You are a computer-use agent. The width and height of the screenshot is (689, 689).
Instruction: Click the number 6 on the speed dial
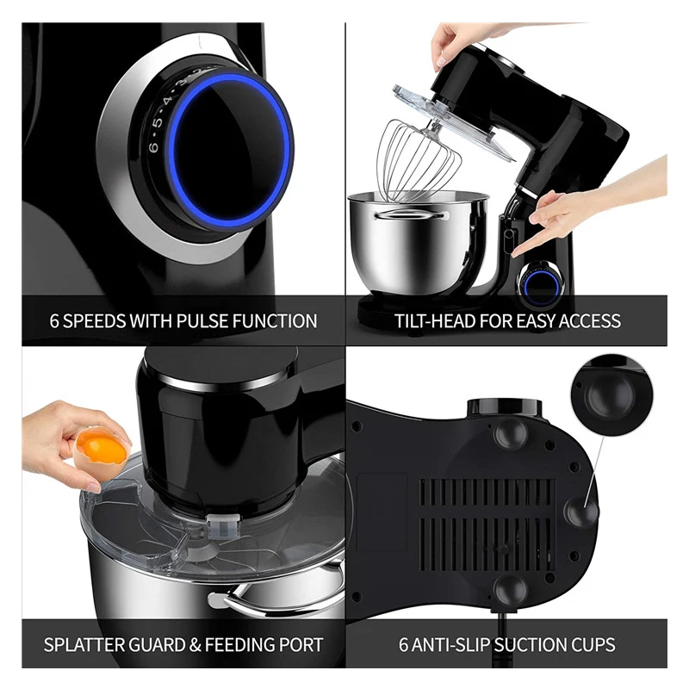coord(153,146)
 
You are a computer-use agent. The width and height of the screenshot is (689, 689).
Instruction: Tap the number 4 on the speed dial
coord(167,102)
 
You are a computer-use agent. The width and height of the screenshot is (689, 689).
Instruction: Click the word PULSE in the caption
coord(202,320)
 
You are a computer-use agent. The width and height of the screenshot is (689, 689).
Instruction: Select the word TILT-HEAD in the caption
coord(434,320)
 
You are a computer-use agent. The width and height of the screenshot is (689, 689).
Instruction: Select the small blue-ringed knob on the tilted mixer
coord(540,284)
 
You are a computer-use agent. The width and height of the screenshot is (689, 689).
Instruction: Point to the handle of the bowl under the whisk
coord(409,214)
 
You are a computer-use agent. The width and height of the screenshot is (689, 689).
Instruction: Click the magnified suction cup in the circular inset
coord(610,393)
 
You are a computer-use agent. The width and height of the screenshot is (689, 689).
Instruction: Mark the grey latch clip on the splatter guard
coord(223,525)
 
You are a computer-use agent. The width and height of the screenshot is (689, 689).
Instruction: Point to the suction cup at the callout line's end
coord(580,511)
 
